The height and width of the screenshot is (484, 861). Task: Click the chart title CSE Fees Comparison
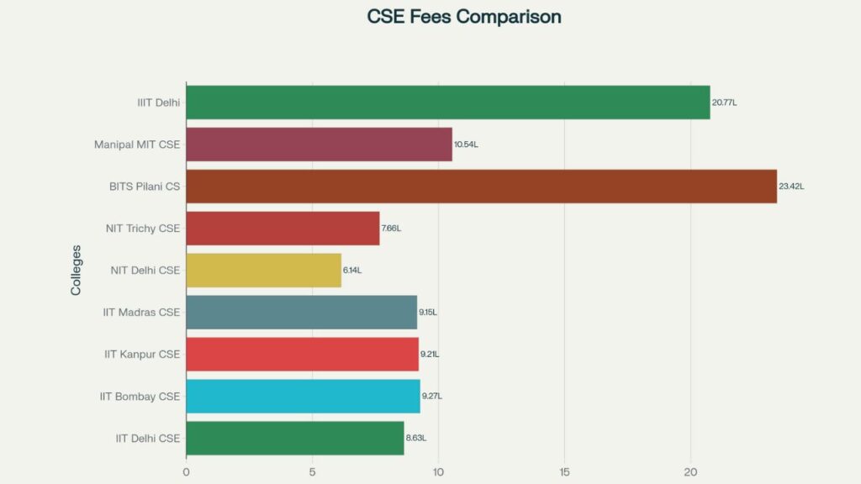click(x=464, y=17)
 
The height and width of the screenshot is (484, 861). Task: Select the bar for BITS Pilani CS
click(x=481, y=187)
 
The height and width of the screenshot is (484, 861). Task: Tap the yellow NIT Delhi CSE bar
click(x=263, y=271)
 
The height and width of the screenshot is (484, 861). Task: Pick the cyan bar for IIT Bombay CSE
click(x=303, y=397)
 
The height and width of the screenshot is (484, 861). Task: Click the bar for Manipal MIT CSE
click(x=319, y=145)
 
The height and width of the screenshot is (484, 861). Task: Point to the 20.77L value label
click(x=724, y=103)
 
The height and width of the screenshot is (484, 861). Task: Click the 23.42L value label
click(x=791, y=187)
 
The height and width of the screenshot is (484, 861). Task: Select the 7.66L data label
click(x=391, y=229)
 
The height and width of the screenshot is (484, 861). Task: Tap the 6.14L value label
click(x=352, y=271)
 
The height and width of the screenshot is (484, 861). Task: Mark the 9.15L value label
click(x=428, y=313)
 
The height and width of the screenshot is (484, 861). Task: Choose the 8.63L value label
click(x=416, y=439)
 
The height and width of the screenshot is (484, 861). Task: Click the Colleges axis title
click(x=77, y=270)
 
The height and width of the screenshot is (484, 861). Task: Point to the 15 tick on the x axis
click(x=564, y=472)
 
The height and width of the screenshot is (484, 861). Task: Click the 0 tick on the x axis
click(x=186, y=472)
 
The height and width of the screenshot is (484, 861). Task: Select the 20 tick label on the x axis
click(x=690, y=472)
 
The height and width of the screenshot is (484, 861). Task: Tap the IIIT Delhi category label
click(x=159, y=103)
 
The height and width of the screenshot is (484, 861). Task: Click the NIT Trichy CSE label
click(x=143, y=229)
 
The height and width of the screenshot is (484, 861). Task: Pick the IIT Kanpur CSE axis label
click(x=142, y=355)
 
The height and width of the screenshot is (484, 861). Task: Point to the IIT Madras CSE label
click(x=141, y=313)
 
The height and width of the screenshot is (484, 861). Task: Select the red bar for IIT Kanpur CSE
click(x=302, y=355)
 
